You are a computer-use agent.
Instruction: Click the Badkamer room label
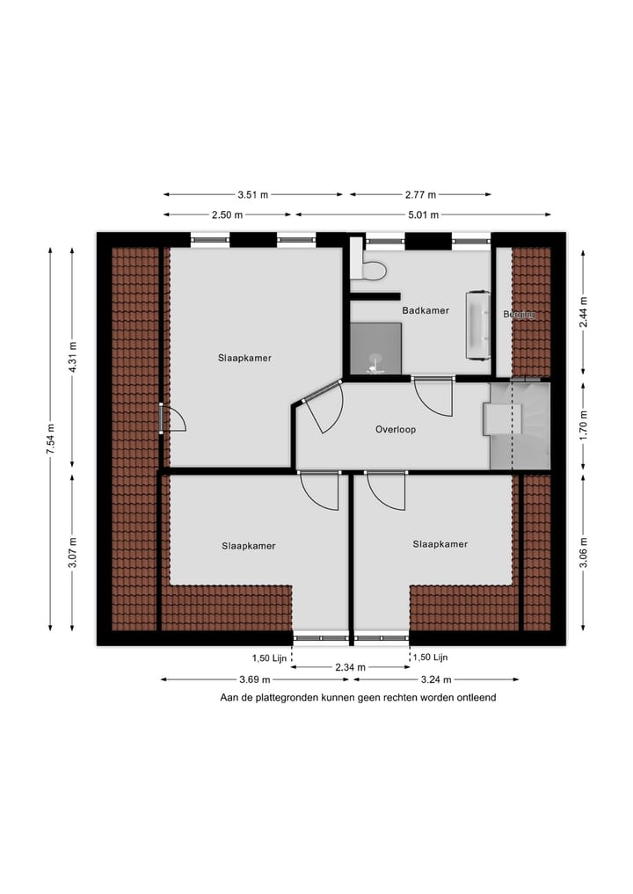coord(426,310)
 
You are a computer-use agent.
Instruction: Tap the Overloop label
coord(395,430)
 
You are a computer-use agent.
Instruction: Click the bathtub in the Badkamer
coord(478,324)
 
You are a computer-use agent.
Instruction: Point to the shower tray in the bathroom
coord(375,349)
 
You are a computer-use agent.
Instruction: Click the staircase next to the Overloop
coord(520,425)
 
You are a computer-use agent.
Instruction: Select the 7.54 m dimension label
coord(50,439)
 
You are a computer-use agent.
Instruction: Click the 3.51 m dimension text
coord(253,194)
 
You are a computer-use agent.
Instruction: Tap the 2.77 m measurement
coord(420,194)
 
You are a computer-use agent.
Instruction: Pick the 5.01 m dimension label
coord(423,214)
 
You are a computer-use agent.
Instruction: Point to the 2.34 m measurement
coord(350,667)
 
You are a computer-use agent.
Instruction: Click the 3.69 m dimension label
coord(253,680)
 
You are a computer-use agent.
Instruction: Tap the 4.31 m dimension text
coord(74,356)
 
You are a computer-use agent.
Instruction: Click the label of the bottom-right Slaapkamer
coord(440,544)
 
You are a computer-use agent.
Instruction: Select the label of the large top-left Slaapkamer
coord(244,358)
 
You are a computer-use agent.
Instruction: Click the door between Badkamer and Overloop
coord(433,396)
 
